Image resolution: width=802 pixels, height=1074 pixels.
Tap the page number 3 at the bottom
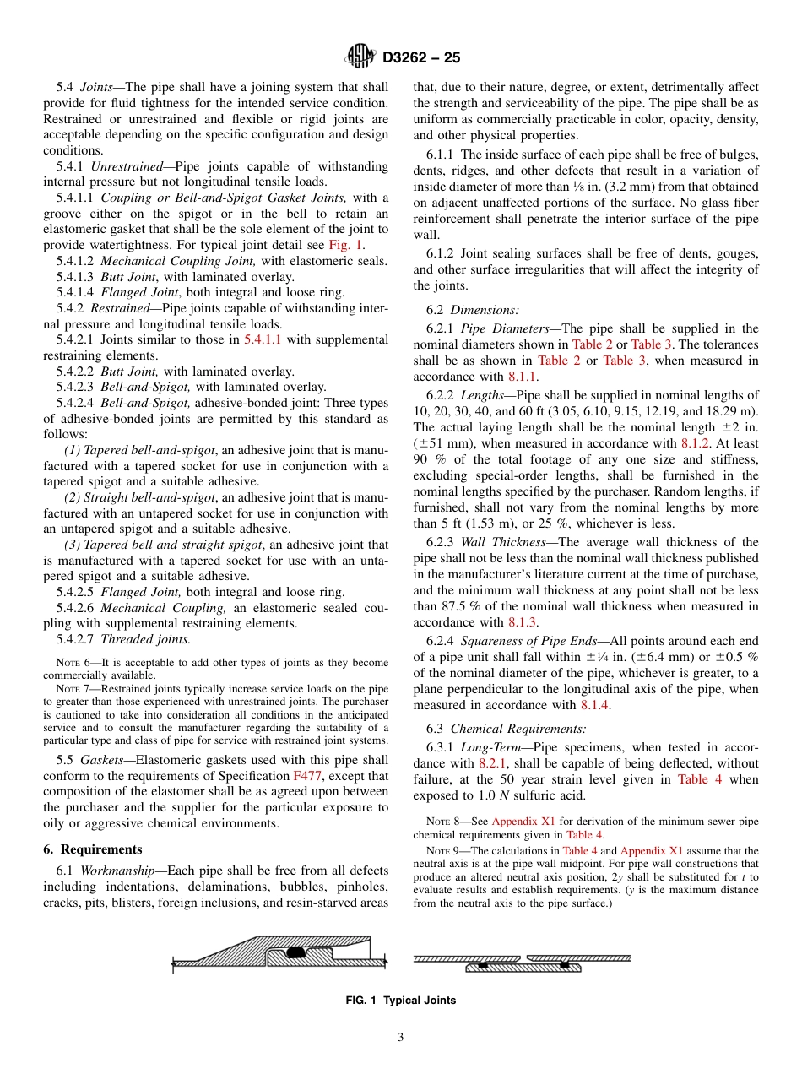(x=401, y=1037)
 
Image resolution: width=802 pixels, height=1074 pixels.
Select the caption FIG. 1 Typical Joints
(x=401, y=1001)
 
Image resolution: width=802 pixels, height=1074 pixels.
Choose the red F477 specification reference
(x=307, y=775)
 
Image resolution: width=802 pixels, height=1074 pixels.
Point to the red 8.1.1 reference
(x=523, y=377)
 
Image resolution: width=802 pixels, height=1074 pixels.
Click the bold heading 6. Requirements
(x=93, y=849)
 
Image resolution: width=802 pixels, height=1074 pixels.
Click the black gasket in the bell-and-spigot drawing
(x=295, y=952)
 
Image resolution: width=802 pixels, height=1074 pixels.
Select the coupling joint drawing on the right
(x=523, y=963)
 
